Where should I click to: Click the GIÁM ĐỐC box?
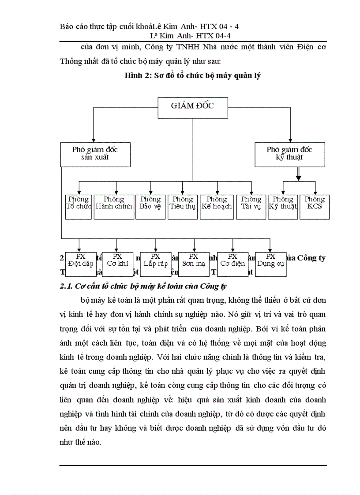[193, 108]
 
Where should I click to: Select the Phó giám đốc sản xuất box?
[95, 154]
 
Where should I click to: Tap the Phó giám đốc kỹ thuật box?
[290, 154]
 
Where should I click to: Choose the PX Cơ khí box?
[117, 264]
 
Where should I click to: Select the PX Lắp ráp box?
[155, 264]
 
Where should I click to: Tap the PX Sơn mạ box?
[194, 264]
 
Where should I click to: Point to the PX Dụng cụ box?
[270, 264]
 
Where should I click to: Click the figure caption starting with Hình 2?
[193, 75]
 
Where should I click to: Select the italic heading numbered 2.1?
[143, 287]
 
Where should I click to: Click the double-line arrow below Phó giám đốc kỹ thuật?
[299, 173]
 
